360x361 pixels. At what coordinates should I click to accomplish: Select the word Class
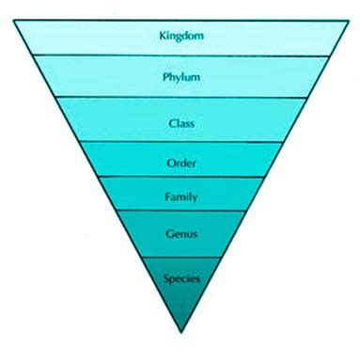(180, 123)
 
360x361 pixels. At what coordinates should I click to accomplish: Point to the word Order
(180, 162)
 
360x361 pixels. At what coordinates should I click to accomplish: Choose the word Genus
(180, 234)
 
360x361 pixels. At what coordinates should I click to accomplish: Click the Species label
(180, 278)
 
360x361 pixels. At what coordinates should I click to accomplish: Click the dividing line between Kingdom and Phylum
(180, 55)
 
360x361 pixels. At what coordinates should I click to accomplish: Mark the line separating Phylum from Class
(180, 98)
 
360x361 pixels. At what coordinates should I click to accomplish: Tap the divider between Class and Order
(180, 142)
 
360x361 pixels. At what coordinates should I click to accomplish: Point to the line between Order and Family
(180, 177)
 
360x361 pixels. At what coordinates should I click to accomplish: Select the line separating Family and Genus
(180, 211)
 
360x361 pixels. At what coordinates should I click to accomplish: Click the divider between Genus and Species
(180, 257)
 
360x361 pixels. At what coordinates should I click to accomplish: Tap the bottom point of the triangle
(180, 332)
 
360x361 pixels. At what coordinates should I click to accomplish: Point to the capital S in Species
(166, 278)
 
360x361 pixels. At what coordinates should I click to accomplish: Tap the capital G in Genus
(167, 234)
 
